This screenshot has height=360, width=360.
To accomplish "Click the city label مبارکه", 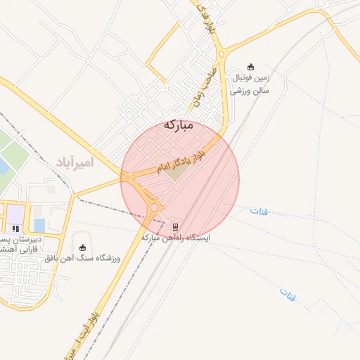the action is click(x=178, y=125).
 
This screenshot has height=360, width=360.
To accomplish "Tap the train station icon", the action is click(x=176, y=226).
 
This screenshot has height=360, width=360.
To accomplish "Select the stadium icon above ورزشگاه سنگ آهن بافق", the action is click(x=84, y=247).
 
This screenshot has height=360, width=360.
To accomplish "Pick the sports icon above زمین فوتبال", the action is click(x=251, y=67).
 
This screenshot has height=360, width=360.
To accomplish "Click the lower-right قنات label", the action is click(x=287, y=294).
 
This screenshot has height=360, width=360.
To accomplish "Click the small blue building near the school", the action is click(x=39, y=225).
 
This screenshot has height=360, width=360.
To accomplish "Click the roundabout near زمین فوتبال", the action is click(x=221, y=53).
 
